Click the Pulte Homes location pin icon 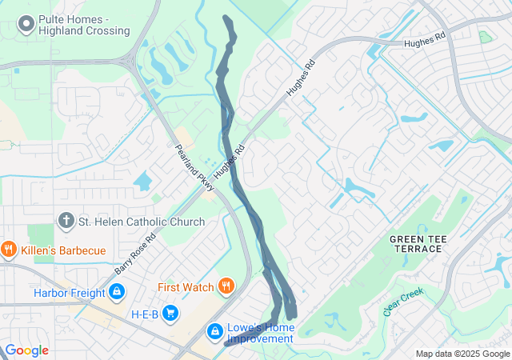25,24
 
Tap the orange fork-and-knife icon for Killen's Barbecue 9,250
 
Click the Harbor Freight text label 69,293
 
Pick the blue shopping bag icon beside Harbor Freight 118,293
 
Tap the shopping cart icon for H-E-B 170,313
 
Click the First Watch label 186,287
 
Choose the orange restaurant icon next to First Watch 226,286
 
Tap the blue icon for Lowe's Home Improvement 214,330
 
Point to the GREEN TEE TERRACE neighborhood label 416,243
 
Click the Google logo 26,350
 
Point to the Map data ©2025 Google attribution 462,354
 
